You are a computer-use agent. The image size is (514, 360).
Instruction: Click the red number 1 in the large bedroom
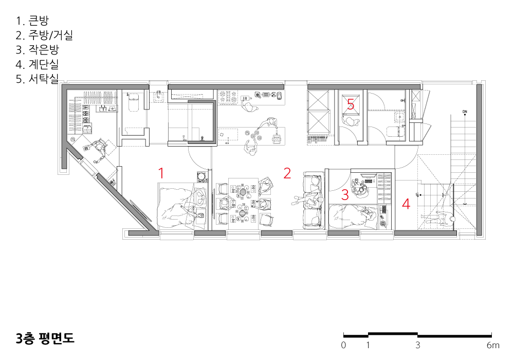pos(161,173)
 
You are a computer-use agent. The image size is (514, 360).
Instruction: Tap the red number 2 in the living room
pos(287,173)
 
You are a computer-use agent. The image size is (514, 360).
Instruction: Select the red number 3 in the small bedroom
pos(345,194)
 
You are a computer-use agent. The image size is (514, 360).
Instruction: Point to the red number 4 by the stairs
pos(406,204)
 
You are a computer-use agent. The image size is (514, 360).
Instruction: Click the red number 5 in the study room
pos(351,104)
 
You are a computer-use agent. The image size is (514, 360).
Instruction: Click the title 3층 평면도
pos(45,338)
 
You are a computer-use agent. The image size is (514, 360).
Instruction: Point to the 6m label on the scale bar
pos(493,345)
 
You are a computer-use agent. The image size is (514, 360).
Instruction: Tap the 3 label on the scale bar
pos(417,345)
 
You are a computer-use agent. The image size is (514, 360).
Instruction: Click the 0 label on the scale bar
pos(343,345)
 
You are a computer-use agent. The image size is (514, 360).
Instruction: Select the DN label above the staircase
pos(465,112)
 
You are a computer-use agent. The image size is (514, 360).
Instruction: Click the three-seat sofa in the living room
pos(314,200)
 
